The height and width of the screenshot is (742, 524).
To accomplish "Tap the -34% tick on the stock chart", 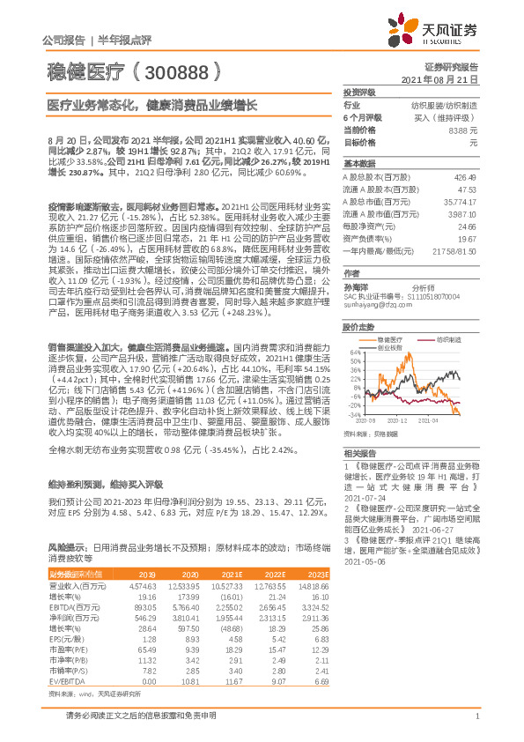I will [351, 412].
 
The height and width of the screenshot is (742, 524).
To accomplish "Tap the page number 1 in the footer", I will [476, 727].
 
